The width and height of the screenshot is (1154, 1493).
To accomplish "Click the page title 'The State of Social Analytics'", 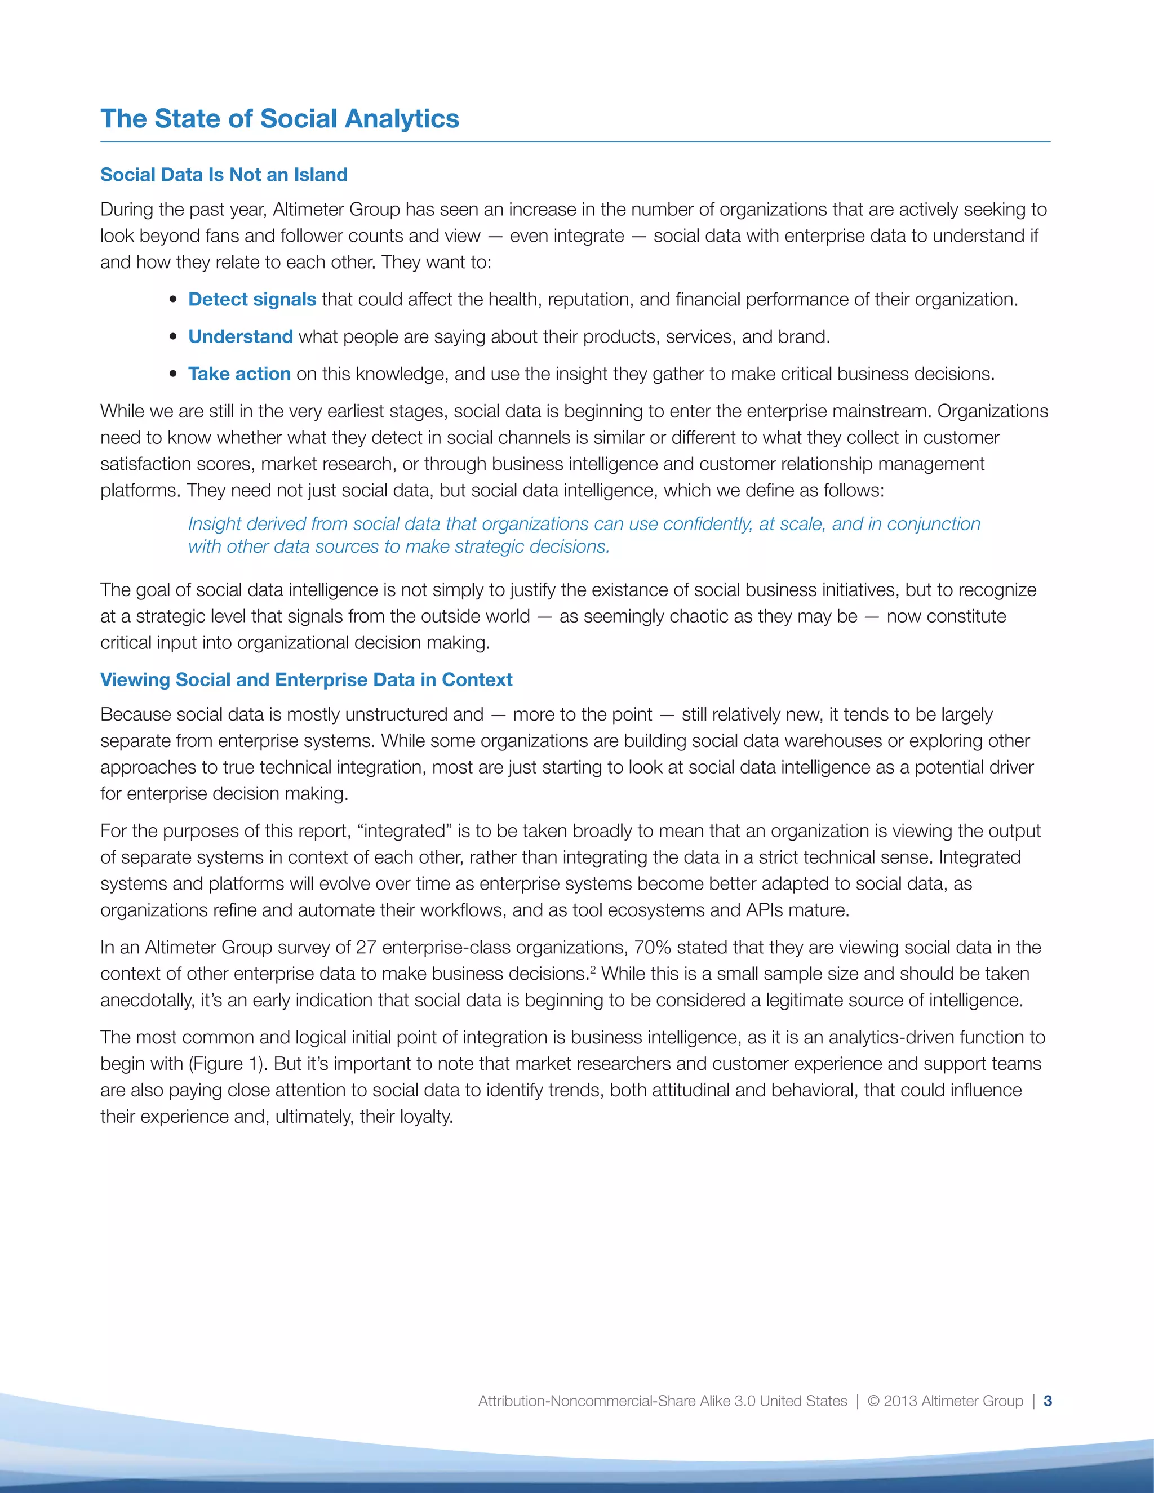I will coord(279,119).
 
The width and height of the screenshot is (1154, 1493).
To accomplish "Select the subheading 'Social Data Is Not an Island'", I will coord(224,175).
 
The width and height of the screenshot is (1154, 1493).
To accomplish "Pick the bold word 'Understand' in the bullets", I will coord(240,336).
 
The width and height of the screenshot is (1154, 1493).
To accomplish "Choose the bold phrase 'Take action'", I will coord(239,374).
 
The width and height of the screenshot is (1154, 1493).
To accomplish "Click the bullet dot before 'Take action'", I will coord(174,375).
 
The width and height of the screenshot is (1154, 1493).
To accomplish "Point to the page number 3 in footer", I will coord(1048,1401).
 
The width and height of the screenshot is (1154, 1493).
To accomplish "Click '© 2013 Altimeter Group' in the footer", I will coord(945,1401).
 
